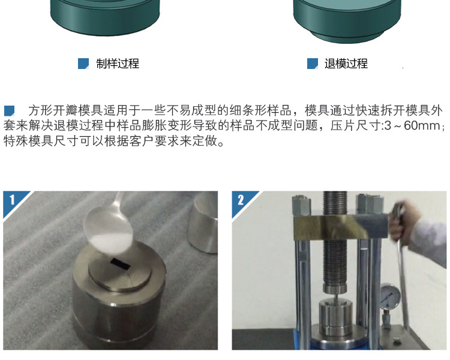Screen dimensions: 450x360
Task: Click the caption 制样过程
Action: click(x=118, y=64)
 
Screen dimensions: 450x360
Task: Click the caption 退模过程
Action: click(x=346, y=64)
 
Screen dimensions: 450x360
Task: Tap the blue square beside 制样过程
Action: click(x=83, y=64)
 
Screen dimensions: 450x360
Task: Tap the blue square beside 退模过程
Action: click(x=313, y=64)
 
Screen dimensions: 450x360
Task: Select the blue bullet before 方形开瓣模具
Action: click(x=9, y=111)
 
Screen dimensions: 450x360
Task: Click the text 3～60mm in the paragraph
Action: click(x=412, y=125)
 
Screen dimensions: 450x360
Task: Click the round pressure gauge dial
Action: click(x=390, y=296)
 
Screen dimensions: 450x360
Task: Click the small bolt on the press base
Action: click(x=397, y=341)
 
